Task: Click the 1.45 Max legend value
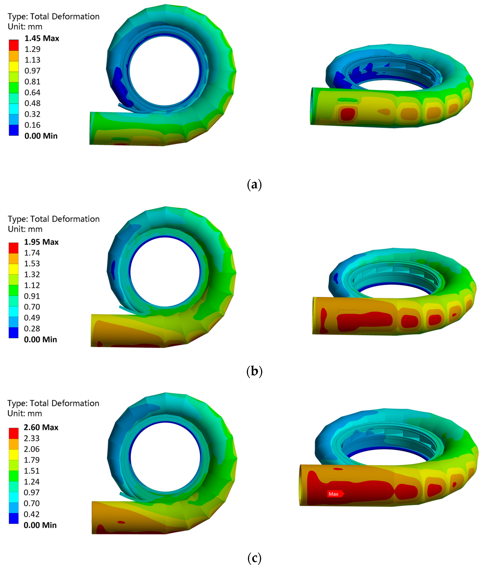pyautogui.click(x=42, y=38)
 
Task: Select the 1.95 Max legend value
pyautogui.click(x=41, y=242)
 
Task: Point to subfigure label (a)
pyautogui.click(x=254, y=185)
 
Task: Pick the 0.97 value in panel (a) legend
pyautogui.click(x=32, y=71)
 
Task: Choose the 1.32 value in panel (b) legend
pyautogui.click(x=32, y=274)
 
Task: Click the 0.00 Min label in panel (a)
pyautogui.click(x=41, y=136)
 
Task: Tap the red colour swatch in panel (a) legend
pyautogui.click(x=14, y=45)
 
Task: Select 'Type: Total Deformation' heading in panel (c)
pyautogui.click(x=53, y=403)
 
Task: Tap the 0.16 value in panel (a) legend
pyautogui.click(x=32, y=125)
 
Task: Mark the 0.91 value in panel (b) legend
pyautogui.click(x=32, y=296)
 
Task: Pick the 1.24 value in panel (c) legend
pyautogui.click(x=32, y=481)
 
